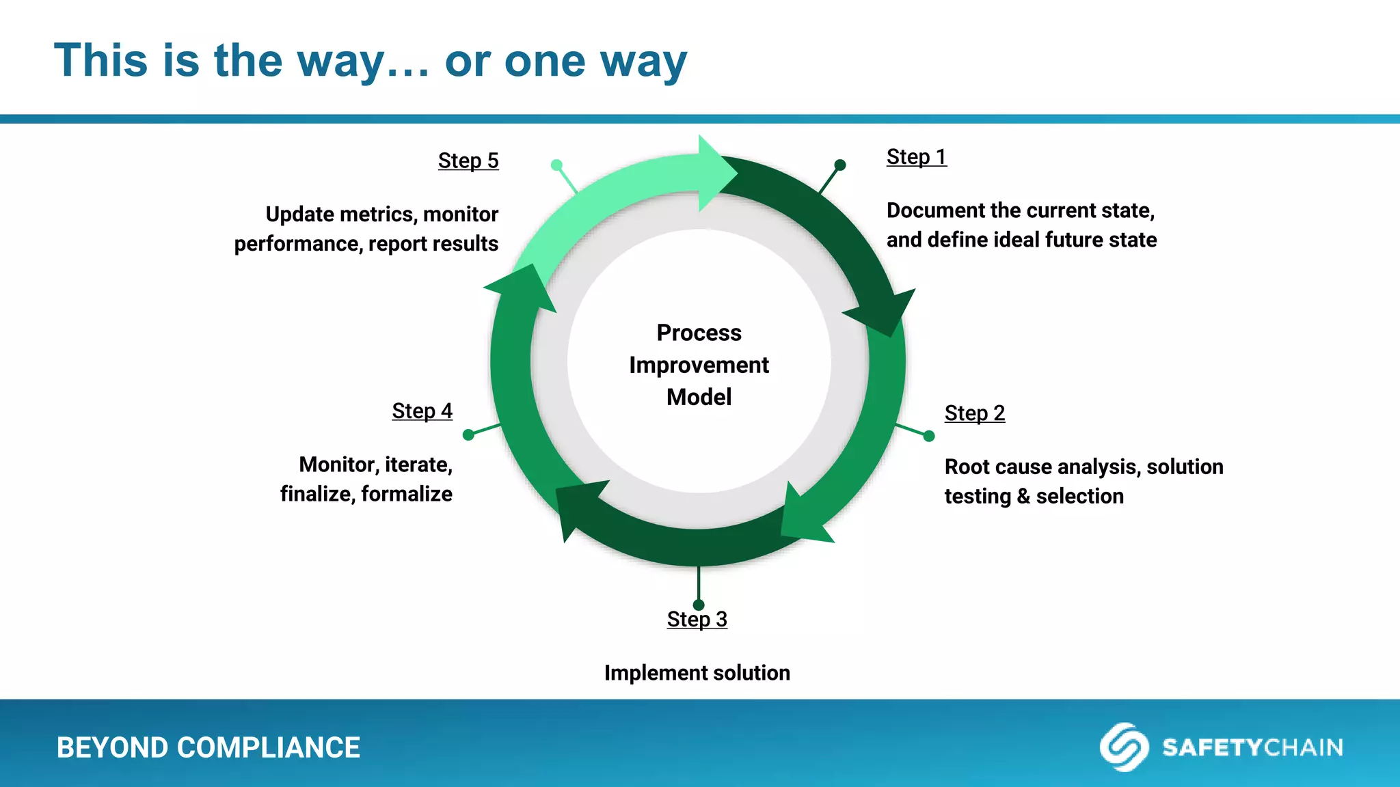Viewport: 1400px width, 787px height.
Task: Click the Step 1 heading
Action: coord(916,157)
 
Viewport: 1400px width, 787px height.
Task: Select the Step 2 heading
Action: coord(974,413)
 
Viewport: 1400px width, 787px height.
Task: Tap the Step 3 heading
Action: coord(697,620)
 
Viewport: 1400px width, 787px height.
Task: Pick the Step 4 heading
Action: coord(422,411)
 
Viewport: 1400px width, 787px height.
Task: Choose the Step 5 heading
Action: coord(468,161)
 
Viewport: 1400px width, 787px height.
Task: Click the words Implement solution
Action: coord(697,673)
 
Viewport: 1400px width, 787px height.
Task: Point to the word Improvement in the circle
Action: coord(699,365)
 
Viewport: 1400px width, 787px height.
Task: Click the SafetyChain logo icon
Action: coord(1123,747)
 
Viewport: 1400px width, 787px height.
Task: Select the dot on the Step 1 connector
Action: coord(840,165)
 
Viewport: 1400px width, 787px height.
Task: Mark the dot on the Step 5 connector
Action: coord(556,165)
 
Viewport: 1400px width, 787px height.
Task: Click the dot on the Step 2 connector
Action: coord(929,436)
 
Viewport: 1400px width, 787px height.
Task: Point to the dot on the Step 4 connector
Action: coord(468,434)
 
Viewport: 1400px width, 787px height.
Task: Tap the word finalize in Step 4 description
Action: coord(315,494)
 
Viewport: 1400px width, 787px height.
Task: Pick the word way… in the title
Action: coord(363,61)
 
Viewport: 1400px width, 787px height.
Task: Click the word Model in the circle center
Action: coord(699,398)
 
